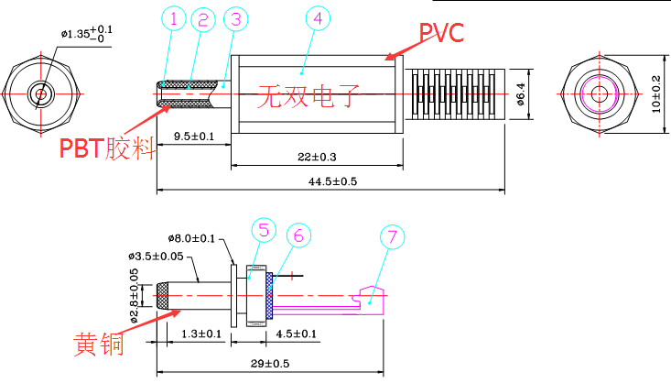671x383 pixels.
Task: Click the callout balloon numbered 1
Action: pyautogui.click(x=174, y=18)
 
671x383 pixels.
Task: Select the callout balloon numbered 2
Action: pyautogui.click(x=203, y=18)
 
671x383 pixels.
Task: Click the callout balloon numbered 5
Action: pyautogui.click(x=262, y=229)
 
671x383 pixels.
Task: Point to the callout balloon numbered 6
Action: pyautogui.click(x=297, y=235)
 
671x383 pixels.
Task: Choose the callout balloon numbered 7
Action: pyautogui.click(x=392, y=237)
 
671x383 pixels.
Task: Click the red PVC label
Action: pyautogui.click(x=441, y=33)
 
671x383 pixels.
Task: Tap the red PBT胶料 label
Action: pyautogui.click(x=106, y=147)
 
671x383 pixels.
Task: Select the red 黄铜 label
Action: pyautogui.click(x=98, y=345)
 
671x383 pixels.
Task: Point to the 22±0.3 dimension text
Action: pyautogui.click(x=317, y=157)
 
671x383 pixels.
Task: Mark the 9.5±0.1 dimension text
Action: pyautogui.click(x=194, y=137)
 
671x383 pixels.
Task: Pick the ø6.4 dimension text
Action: pyautogui.click(x=520, y=94)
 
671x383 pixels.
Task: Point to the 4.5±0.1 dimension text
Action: pyautogui.click(x=297, y=334)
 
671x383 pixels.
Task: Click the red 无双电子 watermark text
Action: pyautogui.click(x=308, y=95)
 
